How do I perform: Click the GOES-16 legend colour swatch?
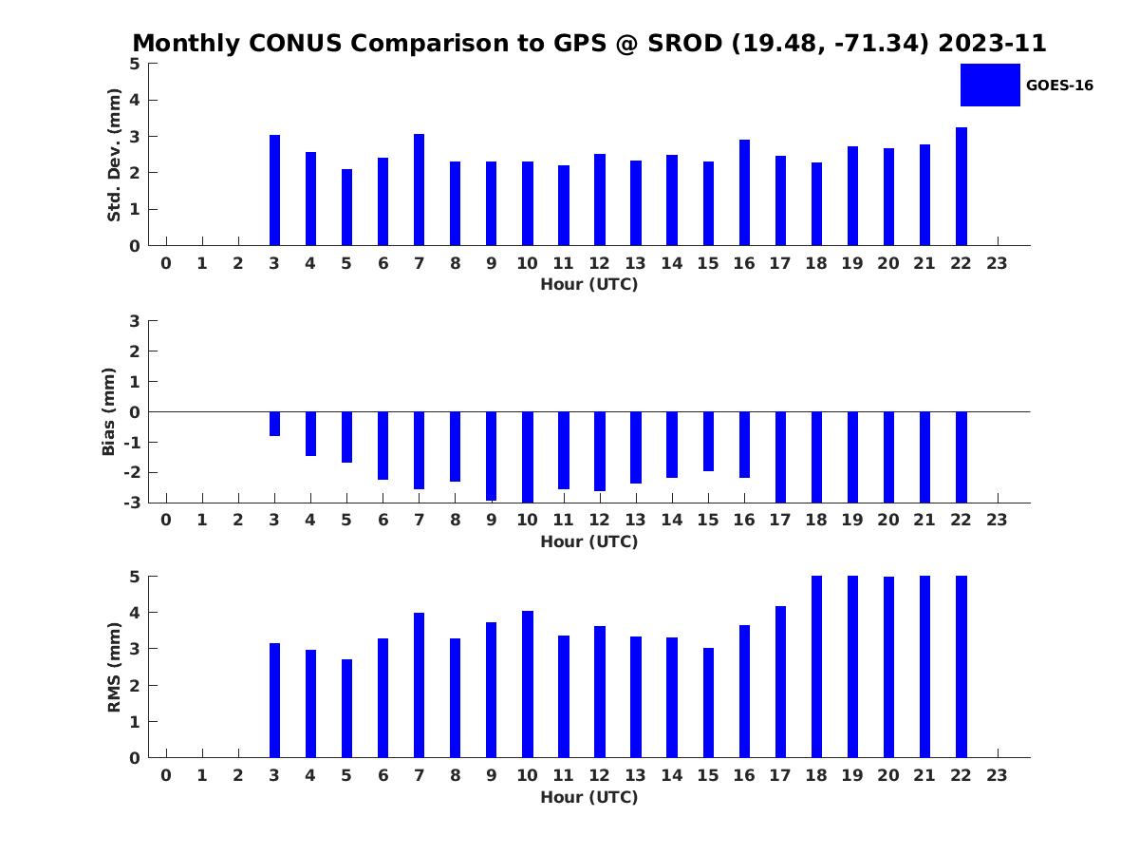(x=990, y=85)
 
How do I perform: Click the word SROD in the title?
(x=684, y=43)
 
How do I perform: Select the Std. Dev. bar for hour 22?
(x=961, y=186)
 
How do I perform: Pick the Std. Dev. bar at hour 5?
(x=346, y=207)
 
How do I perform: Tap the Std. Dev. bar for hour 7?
(x=419, y=189)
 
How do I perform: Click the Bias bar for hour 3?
(x=274, y=424)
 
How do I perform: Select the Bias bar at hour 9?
(x=491, y=456)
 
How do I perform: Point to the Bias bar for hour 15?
(x=708, y=442)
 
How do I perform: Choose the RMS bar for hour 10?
(x=527, y=685)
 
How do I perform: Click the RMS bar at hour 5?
(x=346, y=709)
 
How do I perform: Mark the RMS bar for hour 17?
(x=780, y=682)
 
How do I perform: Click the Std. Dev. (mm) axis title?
(x=114, y=155)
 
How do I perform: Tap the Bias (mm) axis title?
(x=108, y=411)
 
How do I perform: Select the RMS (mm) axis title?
(x=114, y=667)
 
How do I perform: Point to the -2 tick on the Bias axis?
(x=132, y=473)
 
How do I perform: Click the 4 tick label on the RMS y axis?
(x=135, y=613)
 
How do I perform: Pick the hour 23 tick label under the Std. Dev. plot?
(x=997, y=264)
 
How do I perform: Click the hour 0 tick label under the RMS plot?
(x=166, y=775)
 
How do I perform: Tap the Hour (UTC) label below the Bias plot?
(x=589, y=541)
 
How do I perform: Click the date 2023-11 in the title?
(x=992, y=43)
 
